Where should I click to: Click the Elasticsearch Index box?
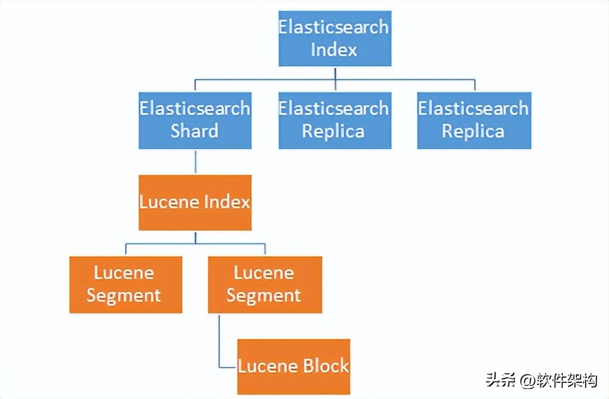pos(334,39)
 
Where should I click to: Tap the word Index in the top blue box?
pos(334,50)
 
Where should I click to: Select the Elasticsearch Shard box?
pos(195,120)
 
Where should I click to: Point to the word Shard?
pos(195,131)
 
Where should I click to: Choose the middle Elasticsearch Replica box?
pos(334,120)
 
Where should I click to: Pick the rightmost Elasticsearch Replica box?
pos(474,120)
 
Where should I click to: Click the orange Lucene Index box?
pos(195,202)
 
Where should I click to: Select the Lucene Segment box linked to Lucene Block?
pos(265,284)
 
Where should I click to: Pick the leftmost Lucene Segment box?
pos(125,284)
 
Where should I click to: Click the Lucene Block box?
pos(294,366)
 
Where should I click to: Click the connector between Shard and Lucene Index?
pos(195,161)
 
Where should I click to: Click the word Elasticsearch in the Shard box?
pos(195,108)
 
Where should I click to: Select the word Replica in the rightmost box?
pos(474,131)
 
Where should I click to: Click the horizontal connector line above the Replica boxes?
pos(400,79)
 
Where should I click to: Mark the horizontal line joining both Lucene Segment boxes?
pos(195,244)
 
